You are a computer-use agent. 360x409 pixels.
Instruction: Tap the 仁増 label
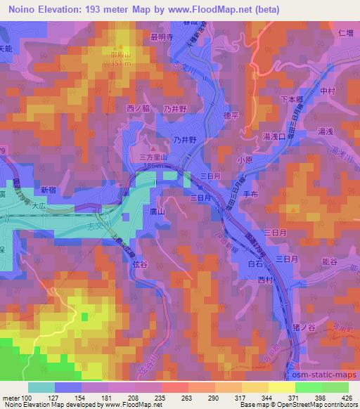[345, 33]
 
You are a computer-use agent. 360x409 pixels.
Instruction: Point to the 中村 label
[327, 91]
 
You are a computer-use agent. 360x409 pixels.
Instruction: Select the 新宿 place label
[48, 190]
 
